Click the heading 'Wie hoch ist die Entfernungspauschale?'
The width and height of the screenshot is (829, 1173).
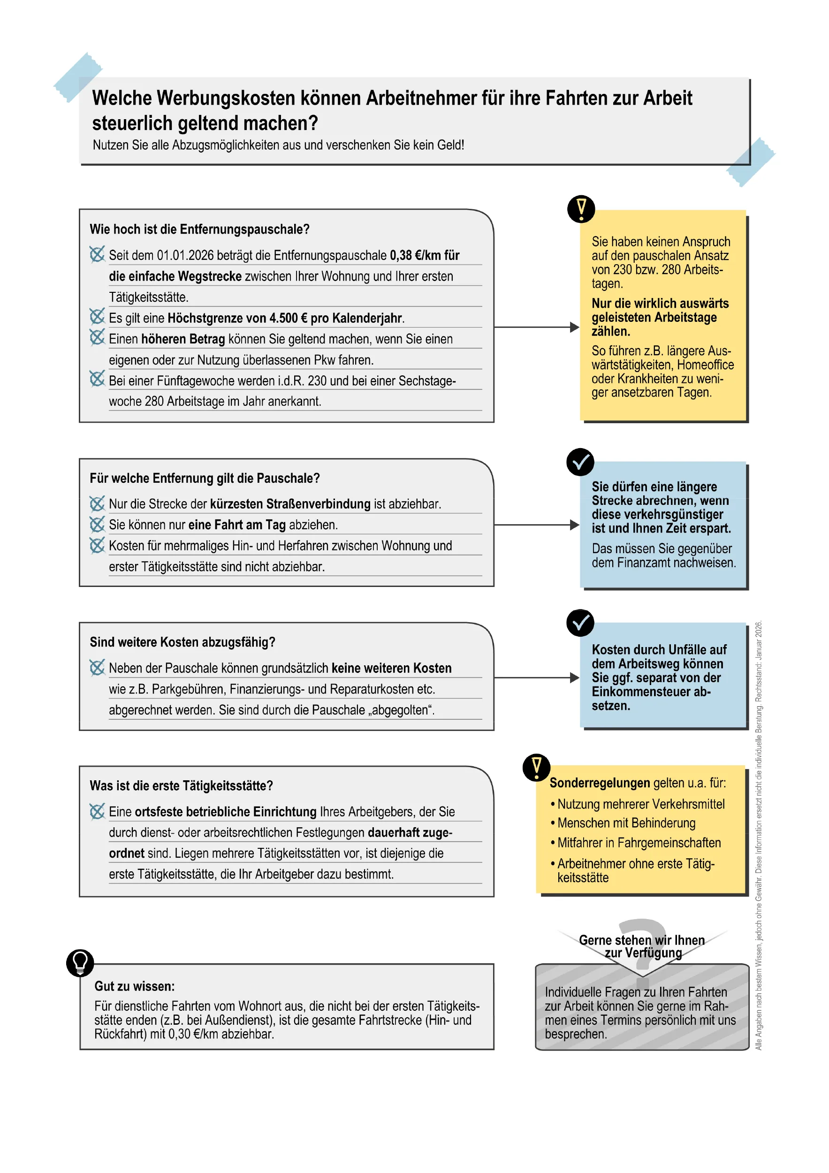pos(199,229)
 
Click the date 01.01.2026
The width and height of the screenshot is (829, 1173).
pos(185,255)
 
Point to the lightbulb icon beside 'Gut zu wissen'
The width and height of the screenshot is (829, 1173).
pos(80,963)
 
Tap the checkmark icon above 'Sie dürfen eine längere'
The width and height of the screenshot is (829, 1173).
pos(580,462)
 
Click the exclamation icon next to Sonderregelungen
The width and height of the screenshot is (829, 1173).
pos(536,767)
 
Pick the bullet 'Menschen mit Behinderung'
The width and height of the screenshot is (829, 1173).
pos(626,823)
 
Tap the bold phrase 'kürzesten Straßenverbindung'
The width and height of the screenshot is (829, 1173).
pos(290,504)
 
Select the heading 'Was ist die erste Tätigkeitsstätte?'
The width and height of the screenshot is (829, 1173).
pos(181,786)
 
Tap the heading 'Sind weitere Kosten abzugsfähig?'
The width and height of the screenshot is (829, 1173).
pos(183,642)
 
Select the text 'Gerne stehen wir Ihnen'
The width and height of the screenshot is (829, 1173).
pos(641,940)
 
